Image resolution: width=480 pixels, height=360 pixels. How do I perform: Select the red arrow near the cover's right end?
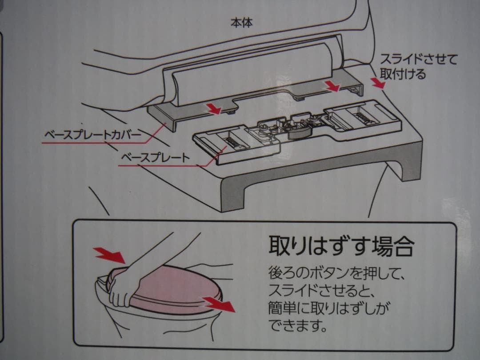tap(332, 87)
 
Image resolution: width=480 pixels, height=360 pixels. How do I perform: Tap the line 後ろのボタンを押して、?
tap(336, 271)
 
